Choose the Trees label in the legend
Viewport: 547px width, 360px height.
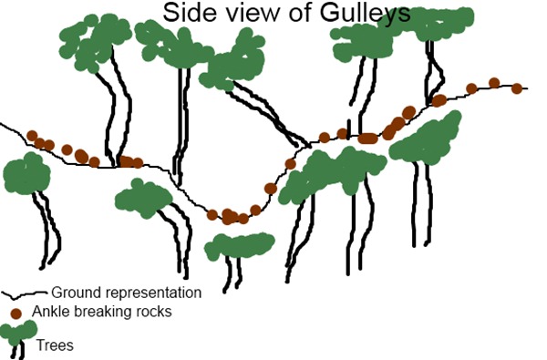pos(55,345)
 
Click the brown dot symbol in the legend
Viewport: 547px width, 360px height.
pos(15,313)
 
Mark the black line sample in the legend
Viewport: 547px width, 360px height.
pos(23,294)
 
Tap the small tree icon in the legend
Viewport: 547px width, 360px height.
pos(18,338)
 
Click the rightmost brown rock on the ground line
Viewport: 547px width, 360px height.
pos(517,88)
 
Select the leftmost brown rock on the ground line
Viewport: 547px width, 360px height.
pos(32,136)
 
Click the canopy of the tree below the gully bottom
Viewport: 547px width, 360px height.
pos(239,246)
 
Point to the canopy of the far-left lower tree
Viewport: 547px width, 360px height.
pos(26,173)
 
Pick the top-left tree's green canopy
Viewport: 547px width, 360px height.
pos(95,42)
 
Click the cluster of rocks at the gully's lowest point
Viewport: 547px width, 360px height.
pos(231,216)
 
